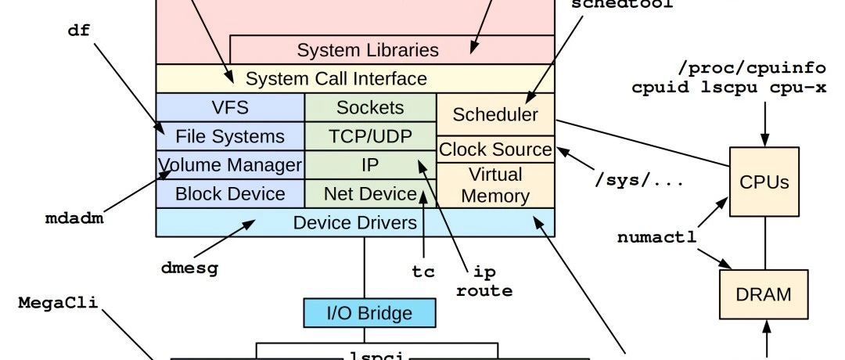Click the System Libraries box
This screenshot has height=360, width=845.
368,51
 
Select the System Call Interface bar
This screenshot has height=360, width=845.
336,78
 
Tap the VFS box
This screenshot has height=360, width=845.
230,107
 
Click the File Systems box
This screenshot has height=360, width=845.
230,136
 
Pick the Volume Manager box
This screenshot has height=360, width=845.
230,165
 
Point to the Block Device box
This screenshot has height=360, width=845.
230,193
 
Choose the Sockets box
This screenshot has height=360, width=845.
370,107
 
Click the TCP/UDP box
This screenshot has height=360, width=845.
370,136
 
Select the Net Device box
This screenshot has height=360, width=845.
370,193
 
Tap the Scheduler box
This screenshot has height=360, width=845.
495,114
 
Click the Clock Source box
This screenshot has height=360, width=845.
495,149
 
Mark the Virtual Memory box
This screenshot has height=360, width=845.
495,185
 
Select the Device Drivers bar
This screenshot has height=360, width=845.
355,222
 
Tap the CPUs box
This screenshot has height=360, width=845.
764,182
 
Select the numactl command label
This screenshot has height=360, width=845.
654,236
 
